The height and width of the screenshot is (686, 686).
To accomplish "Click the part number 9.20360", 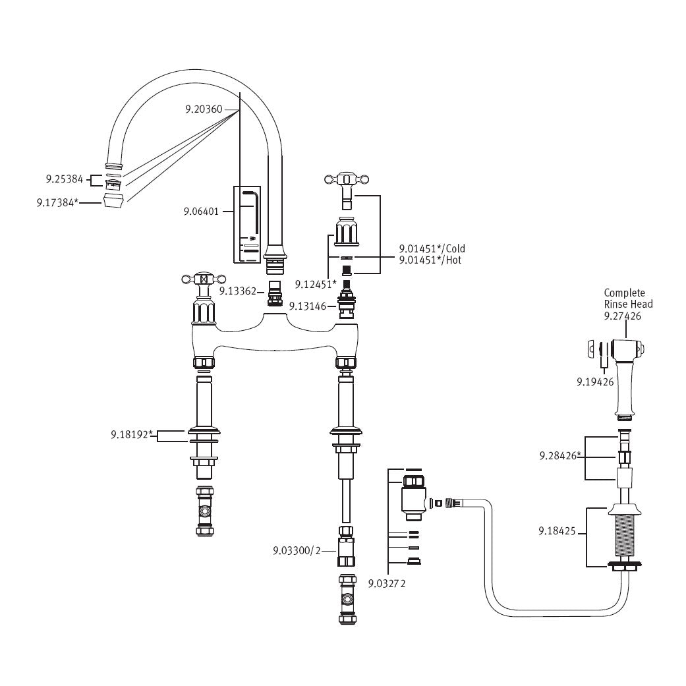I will [203, 109].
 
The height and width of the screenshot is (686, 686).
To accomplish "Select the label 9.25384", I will [64, 179].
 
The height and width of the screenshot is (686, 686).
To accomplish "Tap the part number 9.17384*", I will [57, 204].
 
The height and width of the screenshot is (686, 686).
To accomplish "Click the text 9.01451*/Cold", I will [432, 248].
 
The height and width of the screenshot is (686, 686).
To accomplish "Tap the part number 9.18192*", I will [132, 434].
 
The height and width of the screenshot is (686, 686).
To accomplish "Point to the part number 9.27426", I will [623, 316].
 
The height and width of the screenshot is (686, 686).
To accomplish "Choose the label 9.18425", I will [557, 530].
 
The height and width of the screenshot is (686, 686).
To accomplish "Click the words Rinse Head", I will [629, 304].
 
